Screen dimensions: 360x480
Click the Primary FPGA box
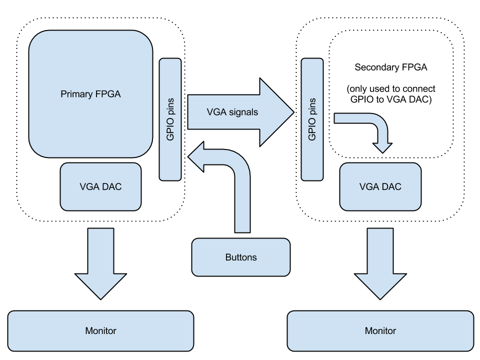90,120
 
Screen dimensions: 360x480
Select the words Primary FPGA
90,94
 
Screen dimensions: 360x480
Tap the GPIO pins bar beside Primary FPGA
170,119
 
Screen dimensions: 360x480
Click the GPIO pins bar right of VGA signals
312,119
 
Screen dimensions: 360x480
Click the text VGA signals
232,112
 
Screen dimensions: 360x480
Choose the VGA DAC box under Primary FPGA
100,186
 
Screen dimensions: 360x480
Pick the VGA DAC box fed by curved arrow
380,186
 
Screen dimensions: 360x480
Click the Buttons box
241,257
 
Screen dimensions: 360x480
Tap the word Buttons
241,257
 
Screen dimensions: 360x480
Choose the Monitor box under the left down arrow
100,330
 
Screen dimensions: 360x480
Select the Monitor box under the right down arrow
380,330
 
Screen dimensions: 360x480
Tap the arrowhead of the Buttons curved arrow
196,156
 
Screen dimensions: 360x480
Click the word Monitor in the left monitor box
100,330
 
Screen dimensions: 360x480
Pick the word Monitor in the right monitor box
380,330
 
